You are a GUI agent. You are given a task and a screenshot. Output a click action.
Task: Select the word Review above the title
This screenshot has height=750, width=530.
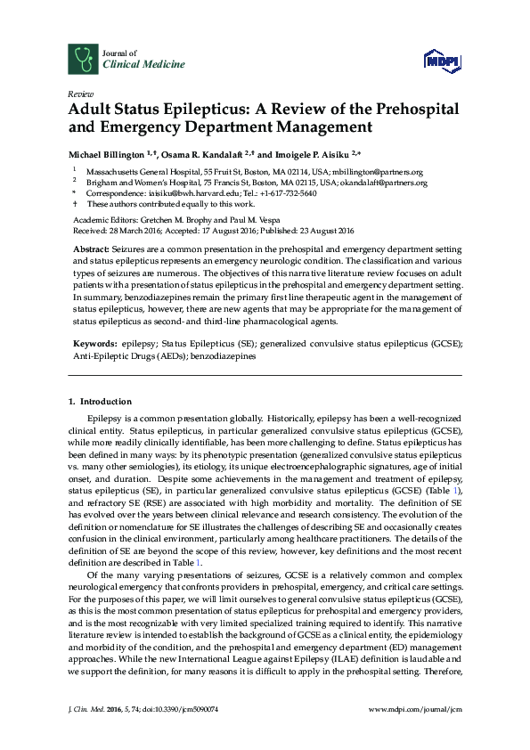[x=79, y=94]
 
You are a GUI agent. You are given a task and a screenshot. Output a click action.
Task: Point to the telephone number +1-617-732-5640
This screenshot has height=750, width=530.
[x=286, y=192]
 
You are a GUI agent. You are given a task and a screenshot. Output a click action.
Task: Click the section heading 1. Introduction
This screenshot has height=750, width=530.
[x=100, y=402]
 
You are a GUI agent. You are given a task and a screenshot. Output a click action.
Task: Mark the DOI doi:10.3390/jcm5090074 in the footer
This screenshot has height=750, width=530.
[x=182, y=733]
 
